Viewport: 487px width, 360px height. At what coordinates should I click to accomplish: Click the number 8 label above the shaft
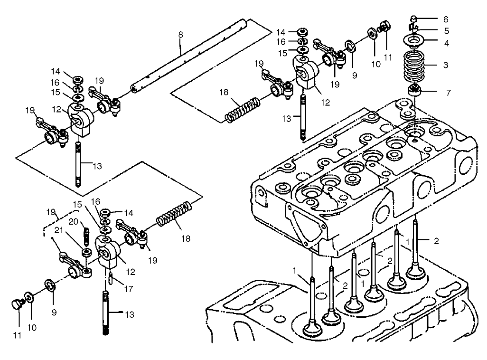tap(180, 35)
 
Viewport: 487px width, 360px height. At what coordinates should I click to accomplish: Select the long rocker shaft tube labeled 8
tap(190, 57)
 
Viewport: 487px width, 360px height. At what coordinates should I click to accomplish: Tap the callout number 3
tap(445, 65)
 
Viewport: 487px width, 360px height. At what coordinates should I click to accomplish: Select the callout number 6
tap(445, 19)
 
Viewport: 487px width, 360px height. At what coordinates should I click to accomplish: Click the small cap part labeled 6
tap(414, 19)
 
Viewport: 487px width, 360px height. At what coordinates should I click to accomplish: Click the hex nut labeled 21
tap(86, 252)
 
